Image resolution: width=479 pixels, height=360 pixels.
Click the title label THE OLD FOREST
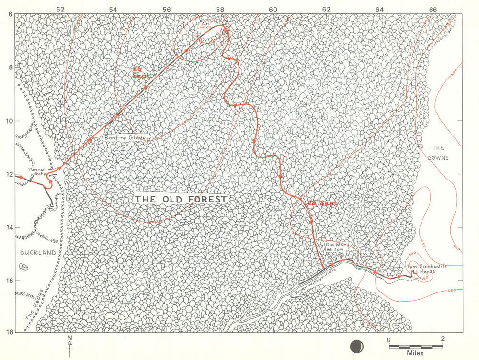click(181, 199)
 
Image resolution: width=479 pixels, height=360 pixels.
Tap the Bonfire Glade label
click(125, 138)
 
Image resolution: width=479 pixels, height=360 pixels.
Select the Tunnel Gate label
click(37, 172)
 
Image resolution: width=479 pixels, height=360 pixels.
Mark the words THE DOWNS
click(439, 152)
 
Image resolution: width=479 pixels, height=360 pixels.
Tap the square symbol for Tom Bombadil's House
click(415, 272)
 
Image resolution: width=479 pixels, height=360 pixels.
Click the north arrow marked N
click(70, 346)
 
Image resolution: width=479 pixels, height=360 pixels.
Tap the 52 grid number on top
click(60, 9)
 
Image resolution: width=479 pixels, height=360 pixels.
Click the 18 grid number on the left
click(10, 331)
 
